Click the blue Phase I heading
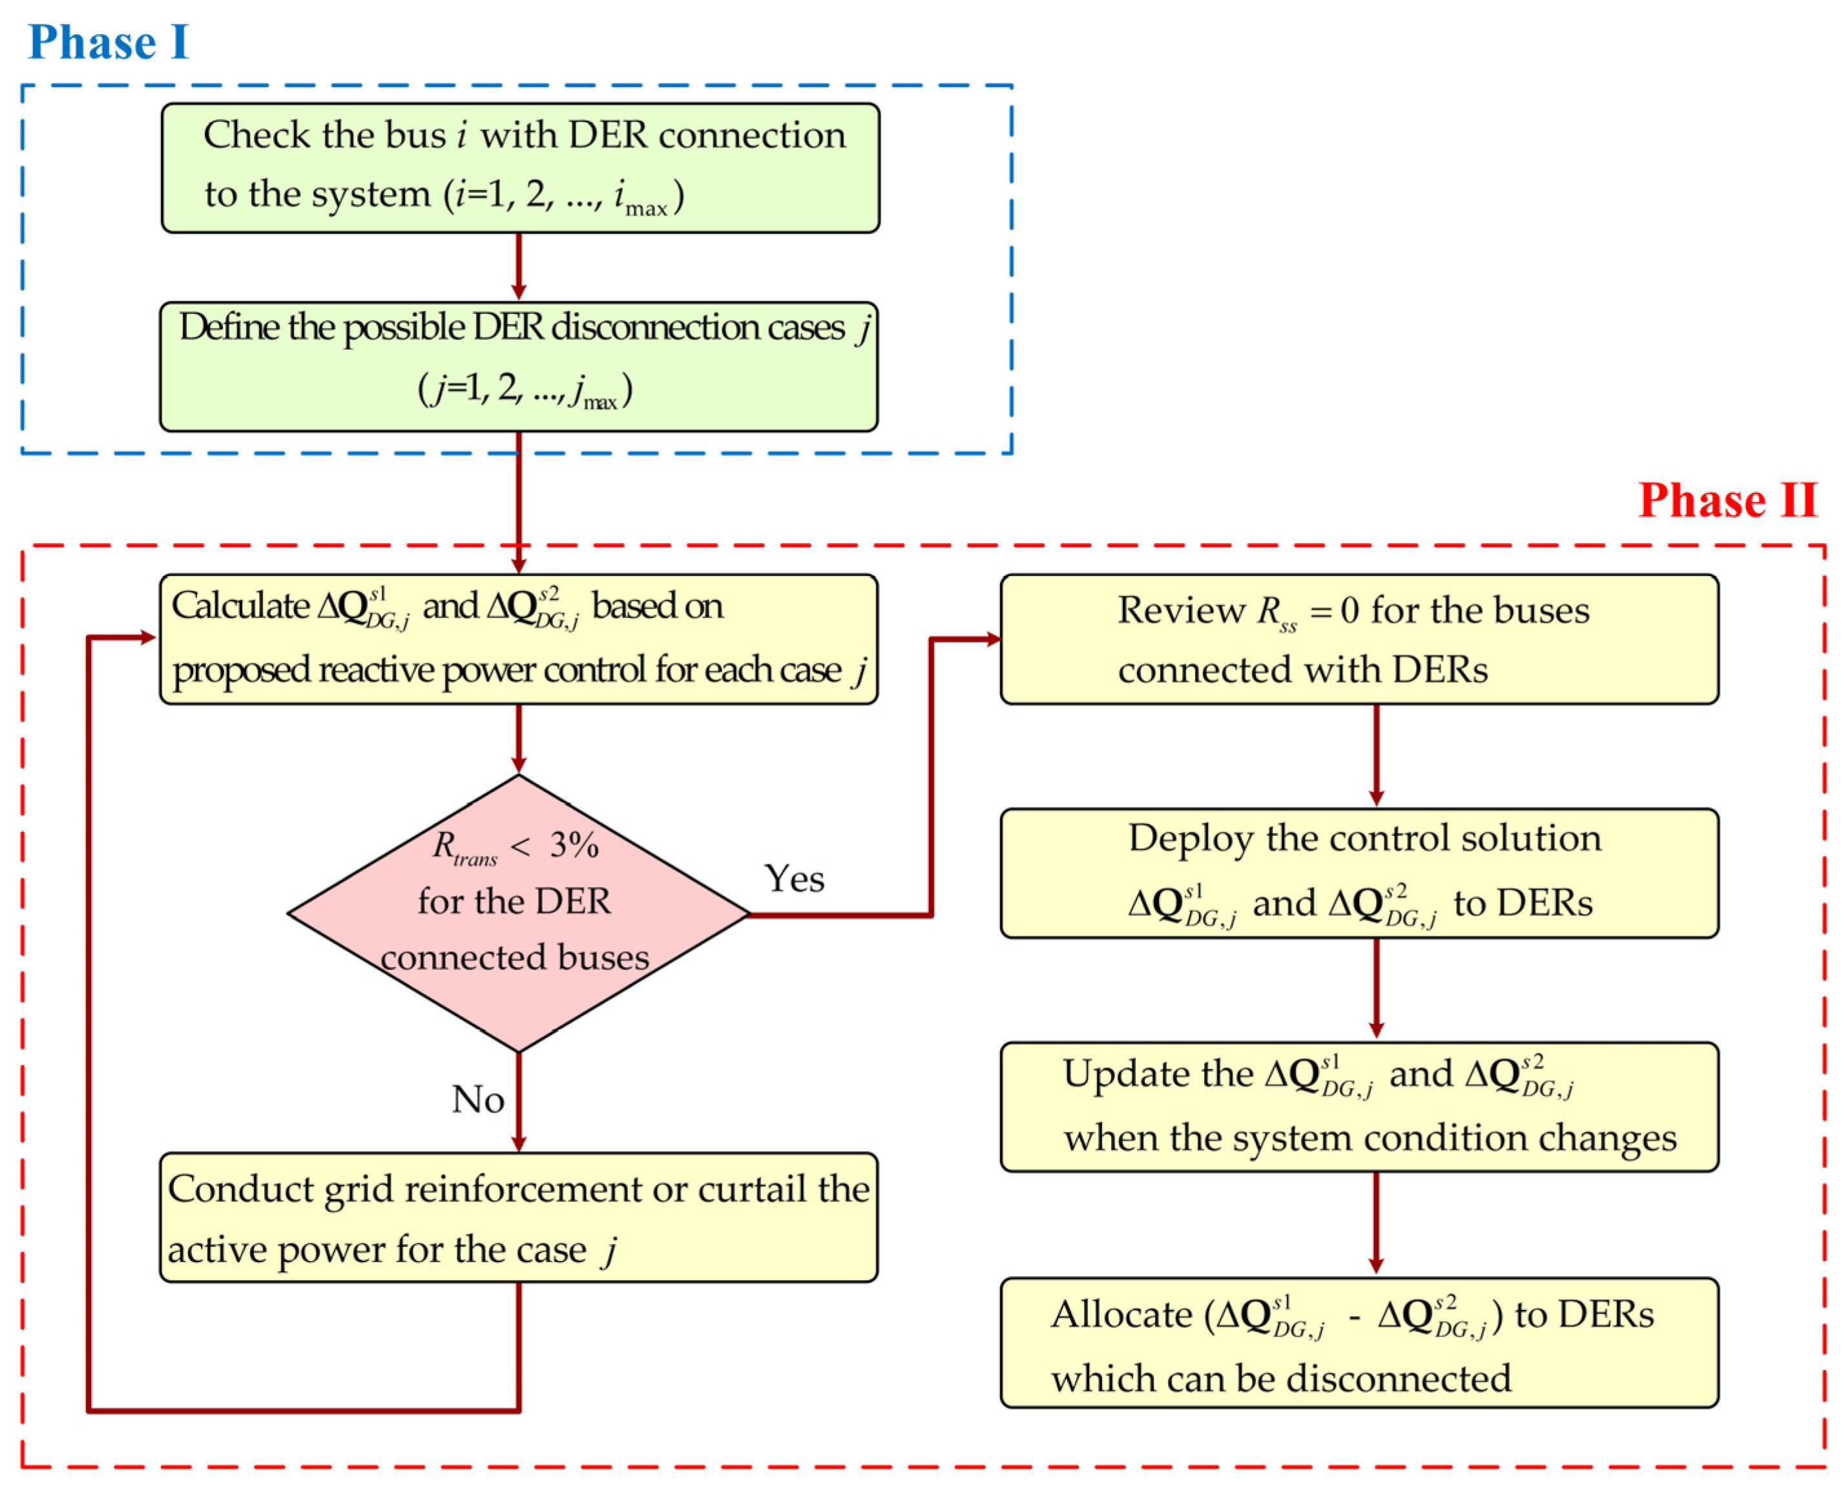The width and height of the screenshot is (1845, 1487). [x=108, y=42]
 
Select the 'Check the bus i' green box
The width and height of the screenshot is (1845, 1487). [x=520, y=168]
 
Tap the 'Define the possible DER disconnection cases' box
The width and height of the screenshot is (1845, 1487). [x=518, y=366]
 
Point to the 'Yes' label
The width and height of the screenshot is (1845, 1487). [x=793, y=879]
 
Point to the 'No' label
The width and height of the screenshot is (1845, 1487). [x=477, y=1099]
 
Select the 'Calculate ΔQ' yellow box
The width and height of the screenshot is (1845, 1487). [x=518, y=639]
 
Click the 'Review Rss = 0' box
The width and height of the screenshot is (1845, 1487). [x=1359, y=639]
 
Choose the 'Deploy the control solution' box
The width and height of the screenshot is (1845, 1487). [x=1359, y=873]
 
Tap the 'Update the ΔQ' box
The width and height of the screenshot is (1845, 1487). [x=1359, y=1107]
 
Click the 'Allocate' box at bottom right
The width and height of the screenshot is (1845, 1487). [x=1359, y=1342]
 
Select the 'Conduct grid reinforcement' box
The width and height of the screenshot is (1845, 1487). [x=518, y=1217]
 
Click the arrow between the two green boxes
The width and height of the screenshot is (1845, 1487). [x=518, y=266]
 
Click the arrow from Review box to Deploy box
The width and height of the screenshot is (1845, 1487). [x=1375, y=754]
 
